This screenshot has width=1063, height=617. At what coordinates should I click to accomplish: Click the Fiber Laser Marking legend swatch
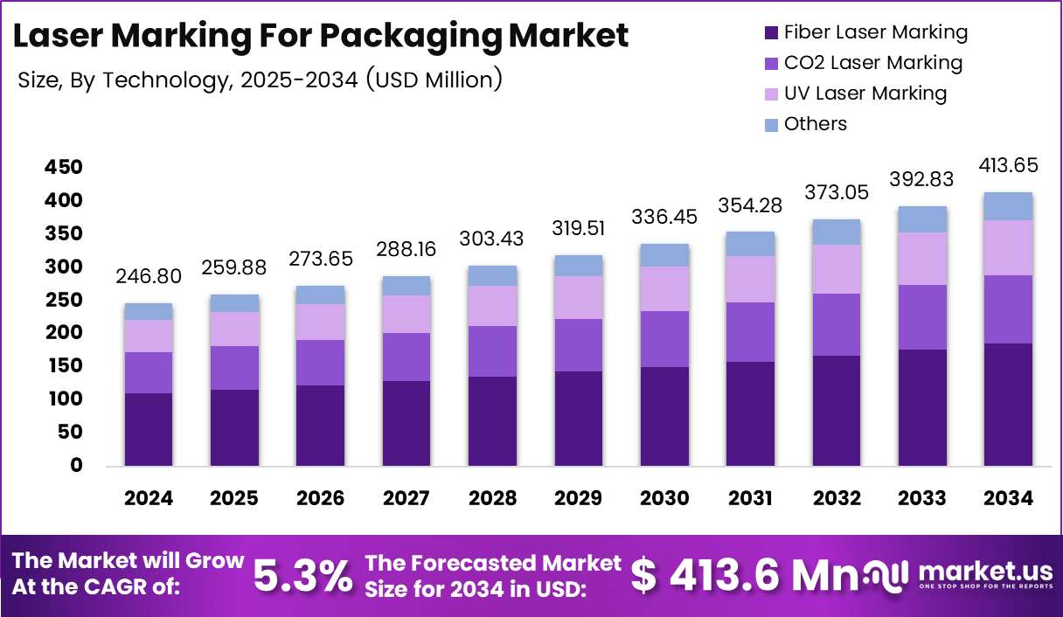(x=771, y=33)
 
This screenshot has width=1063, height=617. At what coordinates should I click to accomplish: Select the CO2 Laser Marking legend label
(x=873, y=63)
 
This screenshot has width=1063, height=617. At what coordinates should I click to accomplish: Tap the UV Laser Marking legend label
(x=865, y=93)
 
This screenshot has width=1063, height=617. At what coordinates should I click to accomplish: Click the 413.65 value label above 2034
(x=1008, y=165)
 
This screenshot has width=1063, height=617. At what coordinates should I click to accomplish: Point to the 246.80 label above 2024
(x=149, y=276)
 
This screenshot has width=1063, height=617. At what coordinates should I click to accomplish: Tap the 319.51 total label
(x=578, y=228)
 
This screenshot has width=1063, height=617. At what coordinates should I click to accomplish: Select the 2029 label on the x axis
(x=578, y=498)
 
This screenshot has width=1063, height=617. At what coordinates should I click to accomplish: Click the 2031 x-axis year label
(x=750, y=498)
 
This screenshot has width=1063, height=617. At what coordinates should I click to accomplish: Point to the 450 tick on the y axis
(x=64, y=167)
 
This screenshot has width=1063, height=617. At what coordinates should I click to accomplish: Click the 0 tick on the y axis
(x=76, y=465)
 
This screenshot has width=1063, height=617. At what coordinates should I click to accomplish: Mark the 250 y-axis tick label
(x=64, y=300)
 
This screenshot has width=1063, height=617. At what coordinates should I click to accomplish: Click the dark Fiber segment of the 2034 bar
(x=1008, y=405)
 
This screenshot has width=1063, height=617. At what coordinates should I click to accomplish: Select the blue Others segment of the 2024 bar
(x=149, y=312)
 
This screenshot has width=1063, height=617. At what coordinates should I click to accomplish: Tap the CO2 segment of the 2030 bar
(x=664, y=339)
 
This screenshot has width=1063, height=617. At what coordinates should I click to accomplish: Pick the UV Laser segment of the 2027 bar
(x=406, y=315)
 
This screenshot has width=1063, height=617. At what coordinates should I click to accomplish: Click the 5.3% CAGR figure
(x=303, y=576)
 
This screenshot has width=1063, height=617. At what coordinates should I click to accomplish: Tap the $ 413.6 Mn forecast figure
(x=744, y=576)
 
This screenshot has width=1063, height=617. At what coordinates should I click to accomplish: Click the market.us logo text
(x=985, y=571)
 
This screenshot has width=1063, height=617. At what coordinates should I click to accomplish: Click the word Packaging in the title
(x=411, y=36)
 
